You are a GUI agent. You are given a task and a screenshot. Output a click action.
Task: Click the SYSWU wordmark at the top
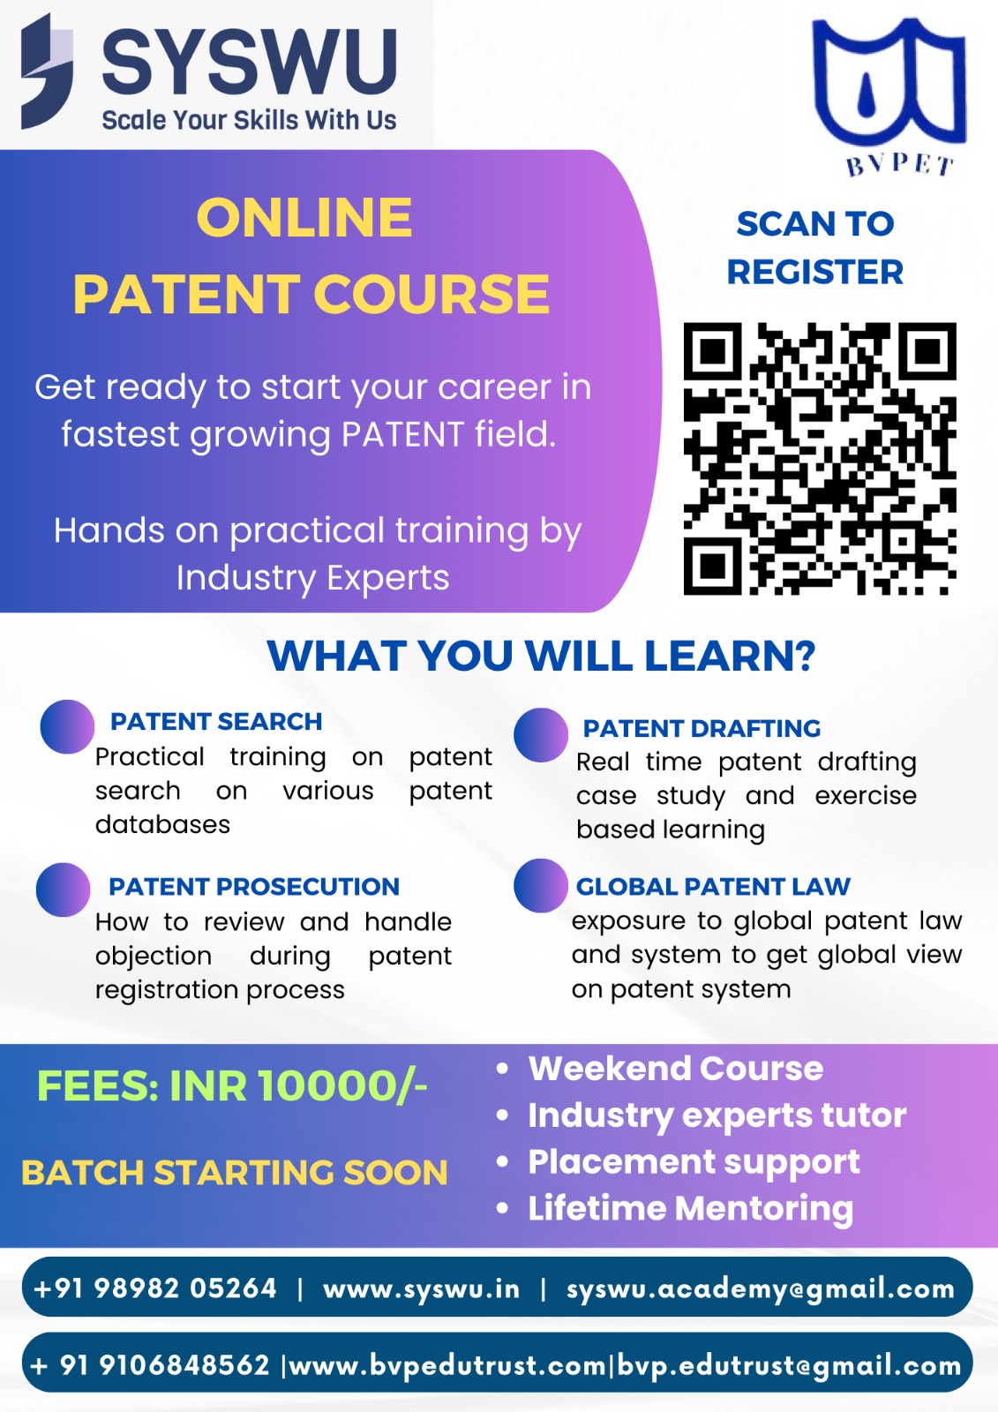coord(249,62)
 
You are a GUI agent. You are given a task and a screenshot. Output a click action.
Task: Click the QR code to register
coord(820,458)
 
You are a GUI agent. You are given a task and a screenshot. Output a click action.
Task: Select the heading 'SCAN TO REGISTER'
coord(815,248)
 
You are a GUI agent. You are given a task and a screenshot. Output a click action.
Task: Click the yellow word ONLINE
coord(304,217)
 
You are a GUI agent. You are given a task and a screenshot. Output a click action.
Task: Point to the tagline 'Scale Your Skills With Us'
coord(249,120)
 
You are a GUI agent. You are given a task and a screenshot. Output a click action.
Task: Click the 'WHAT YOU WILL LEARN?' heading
coord(541,656)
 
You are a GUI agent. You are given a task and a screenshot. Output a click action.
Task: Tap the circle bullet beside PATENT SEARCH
coord(67,726)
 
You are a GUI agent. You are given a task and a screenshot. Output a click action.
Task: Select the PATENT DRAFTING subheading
coord(702,728)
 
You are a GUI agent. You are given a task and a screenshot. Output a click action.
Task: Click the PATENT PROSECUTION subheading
coord(254,886)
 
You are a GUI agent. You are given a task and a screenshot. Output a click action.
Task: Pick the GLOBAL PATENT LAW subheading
coord(713,886)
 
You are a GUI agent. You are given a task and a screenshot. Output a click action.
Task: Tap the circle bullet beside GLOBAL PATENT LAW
coord(540,885)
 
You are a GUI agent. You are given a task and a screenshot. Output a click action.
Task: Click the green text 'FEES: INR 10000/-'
coord(232,1086)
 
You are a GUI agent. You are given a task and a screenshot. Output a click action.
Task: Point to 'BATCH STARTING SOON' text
coord(235,1173)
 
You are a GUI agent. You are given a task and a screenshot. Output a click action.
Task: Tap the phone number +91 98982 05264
coord(155,1288)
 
